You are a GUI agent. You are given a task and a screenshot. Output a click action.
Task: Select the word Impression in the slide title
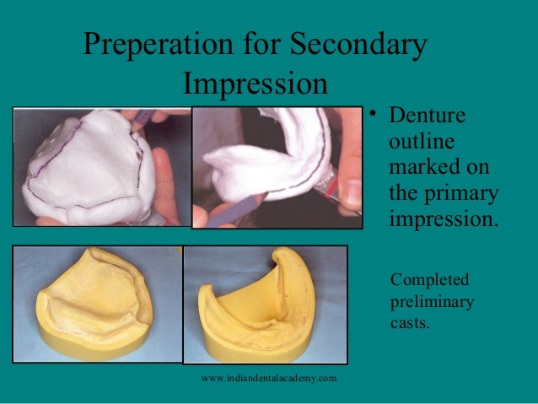coord(255,83)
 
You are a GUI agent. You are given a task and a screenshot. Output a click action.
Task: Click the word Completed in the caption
coord(430,280)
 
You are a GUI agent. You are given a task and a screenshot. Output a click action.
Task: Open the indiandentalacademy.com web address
coord(269,378)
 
